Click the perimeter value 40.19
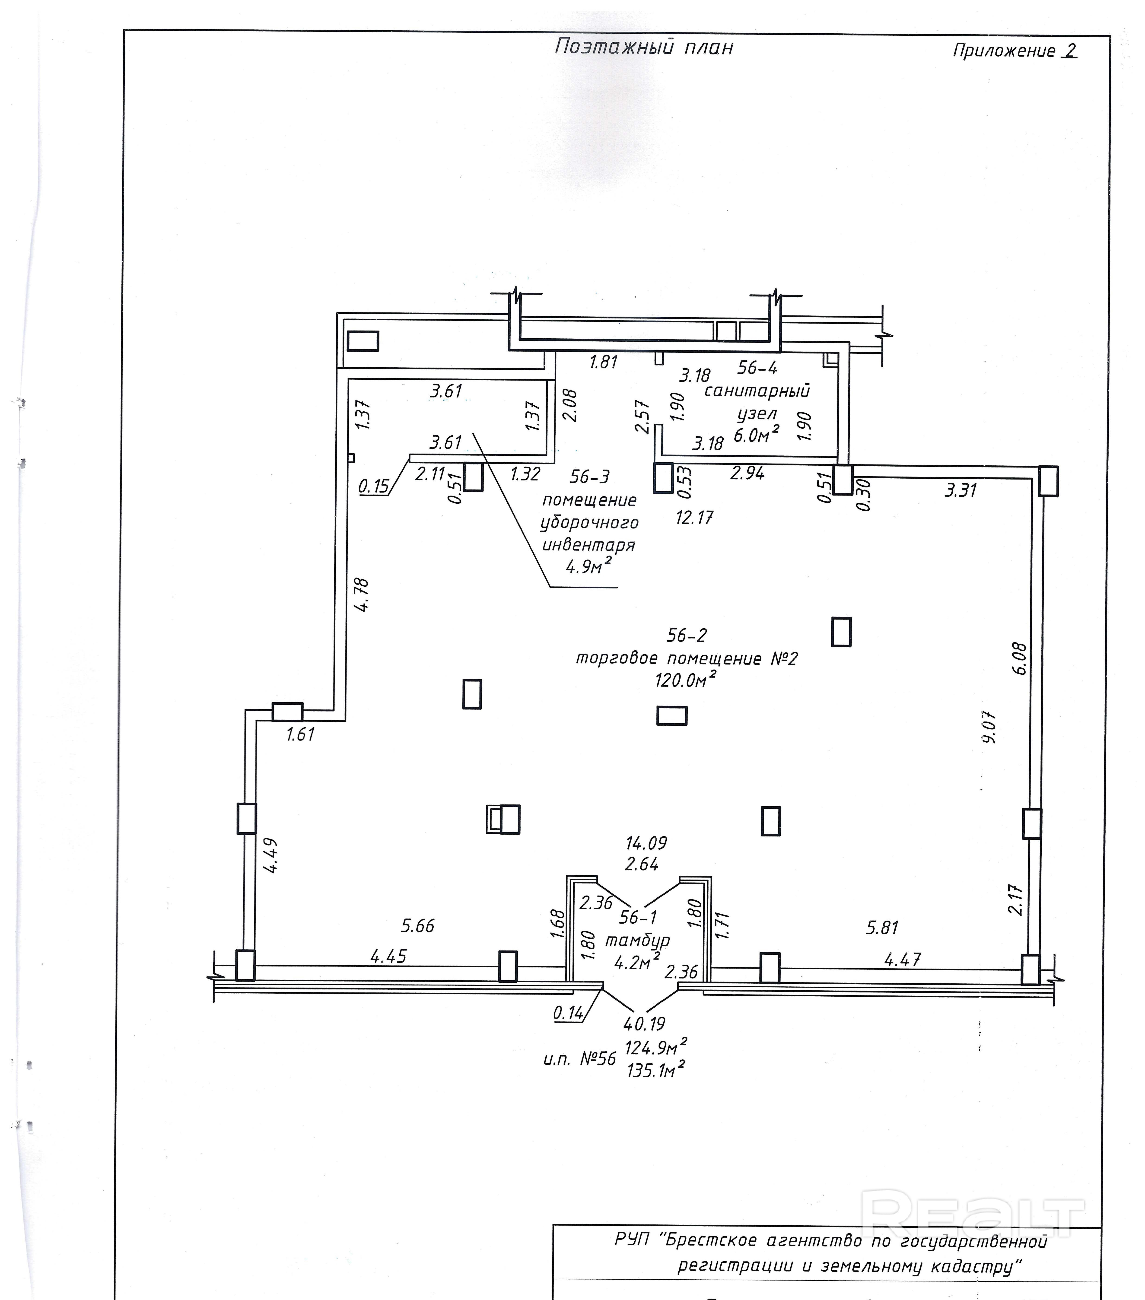pyautogui.click(x=645, y=1023)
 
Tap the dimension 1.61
pyautogui.click(x=300, y=734)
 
